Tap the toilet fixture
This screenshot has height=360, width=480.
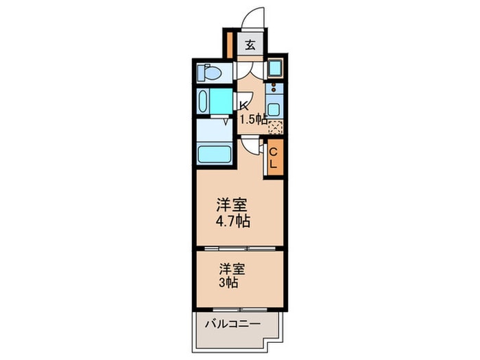coord(208,72)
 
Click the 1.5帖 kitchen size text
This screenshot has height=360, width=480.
coord(252,119)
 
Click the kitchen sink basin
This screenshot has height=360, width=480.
coord(274,109)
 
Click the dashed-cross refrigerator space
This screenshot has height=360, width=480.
coord(275,127)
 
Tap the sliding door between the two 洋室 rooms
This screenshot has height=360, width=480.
coord(239,247)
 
